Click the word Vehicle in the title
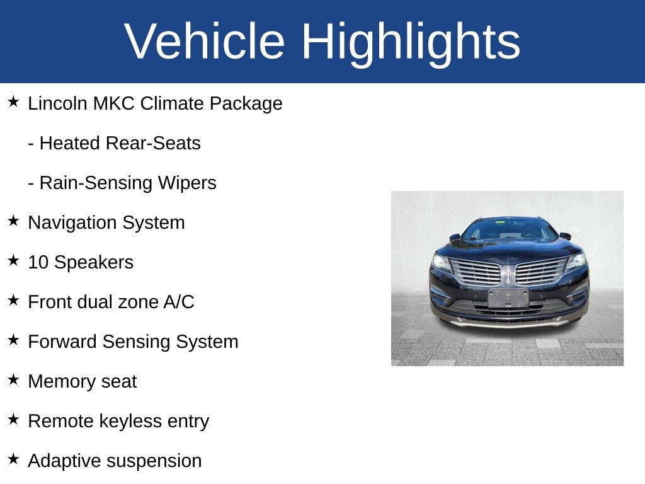[205, 42]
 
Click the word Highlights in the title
[411, 42]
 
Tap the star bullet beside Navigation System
[13, 221]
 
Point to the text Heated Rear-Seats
[120, 143]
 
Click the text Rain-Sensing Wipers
[127, 183]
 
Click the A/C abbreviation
[178, 302]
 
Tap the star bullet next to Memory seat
[13, 379]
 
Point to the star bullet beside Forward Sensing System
[13, 340]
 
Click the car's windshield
[509, 229]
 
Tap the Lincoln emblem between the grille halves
[508, 273]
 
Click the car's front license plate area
[508, 297]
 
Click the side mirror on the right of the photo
[565, 236]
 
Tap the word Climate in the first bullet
[172, 103]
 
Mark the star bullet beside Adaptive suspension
[13, 459]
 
